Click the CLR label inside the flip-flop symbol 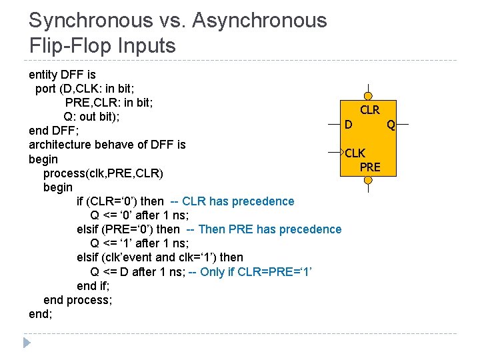(x=369, y=110)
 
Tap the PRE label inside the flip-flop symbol (x=369, y=167)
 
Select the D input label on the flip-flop (x=348, y=125)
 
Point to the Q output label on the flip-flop (x=391, y=125)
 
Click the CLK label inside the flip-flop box (x=355, y=153)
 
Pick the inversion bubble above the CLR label (x=369, y=97)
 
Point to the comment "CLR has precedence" (x=238, y=201)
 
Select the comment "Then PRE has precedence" (x=270, y=229)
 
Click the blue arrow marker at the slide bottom (x=27, y=343)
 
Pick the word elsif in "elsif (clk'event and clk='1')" (x=89, y=257)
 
